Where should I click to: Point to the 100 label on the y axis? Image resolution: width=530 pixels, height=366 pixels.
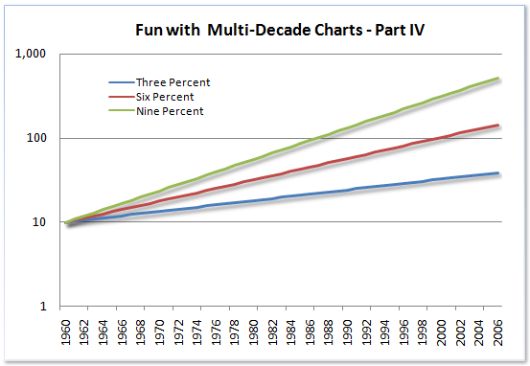(x=38, y=138)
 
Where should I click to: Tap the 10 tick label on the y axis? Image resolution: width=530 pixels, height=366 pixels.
(x=41, y=222)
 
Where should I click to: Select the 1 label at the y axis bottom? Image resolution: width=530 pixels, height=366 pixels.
(x=44, y=307)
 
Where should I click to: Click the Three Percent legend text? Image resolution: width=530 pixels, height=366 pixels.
(x=174, y=82)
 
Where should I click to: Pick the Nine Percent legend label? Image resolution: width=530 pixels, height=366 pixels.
(x=171, y=111)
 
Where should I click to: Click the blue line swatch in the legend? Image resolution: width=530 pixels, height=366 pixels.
(x=120, y=82)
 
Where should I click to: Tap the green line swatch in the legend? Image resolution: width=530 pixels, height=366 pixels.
(x=120, y=111)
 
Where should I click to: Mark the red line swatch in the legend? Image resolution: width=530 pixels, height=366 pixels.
(x=120, y=97)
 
